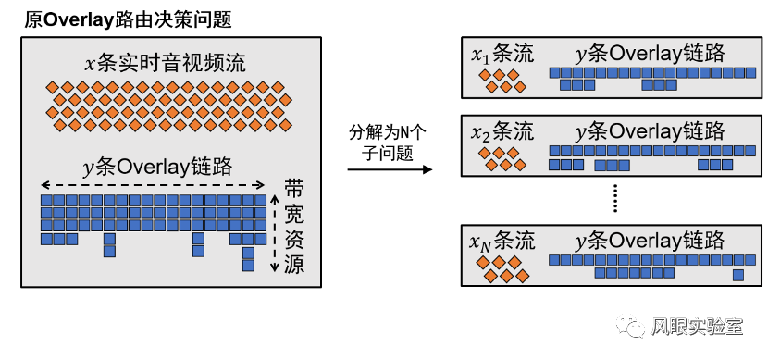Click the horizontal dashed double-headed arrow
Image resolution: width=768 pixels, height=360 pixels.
156,183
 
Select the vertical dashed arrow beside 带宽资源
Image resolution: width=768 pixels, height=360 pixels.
274,231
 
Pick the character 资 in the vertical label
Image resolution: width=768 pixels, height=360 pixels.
294,242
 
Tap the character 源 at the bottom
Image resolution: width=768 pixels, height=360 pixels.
294,267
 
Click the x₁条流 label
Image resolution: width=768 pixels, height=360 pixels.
502,55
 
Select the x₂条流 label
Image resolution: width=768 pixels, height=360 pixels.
502,131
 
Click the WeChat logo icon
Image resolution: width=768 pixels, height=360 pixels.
633,326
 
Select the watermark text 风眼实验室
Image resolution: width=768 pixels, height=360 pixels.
697,327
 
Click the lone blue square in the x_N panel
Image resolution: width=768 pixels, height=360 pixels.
738,275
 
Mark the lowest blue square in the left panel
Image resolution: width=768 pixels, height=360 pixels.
248,266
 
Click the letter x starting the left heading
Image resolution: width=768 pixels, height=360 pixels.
90,64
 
